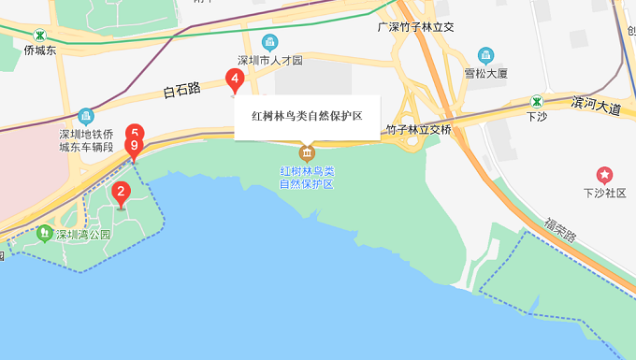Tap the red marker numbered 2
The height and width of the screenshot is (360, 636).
tap(120, 194)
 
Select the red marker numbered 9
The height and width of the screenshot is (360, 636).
tap(135, 147)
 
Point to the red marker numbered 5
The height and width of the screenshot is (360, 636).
tap(136, 133)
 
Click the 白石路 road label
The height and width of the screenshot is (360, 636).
tap(181, 90)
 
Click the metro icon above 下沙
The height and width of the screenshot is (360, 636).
tap(536, 101)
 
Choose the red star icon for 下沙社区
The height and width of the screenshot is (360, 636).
tap(604, 174)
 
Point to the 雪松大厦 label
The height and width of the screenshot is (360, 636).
tap(485, 73)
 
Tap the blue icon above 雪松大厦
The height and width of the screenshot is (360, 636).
tap(485, 55)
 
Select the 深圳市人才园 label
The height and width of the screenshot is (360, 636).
tap(270, 61)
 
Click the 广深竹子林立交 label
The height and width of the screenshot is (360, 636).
tap(414, 27)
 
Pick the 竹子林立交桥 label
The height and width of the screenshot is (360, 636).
tap(418, 129)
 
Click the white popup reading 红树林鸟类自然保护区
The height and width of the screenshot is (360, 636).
tap(307, 117)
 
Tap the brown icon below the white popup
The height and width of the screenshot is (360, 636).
tap(307, 152)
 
